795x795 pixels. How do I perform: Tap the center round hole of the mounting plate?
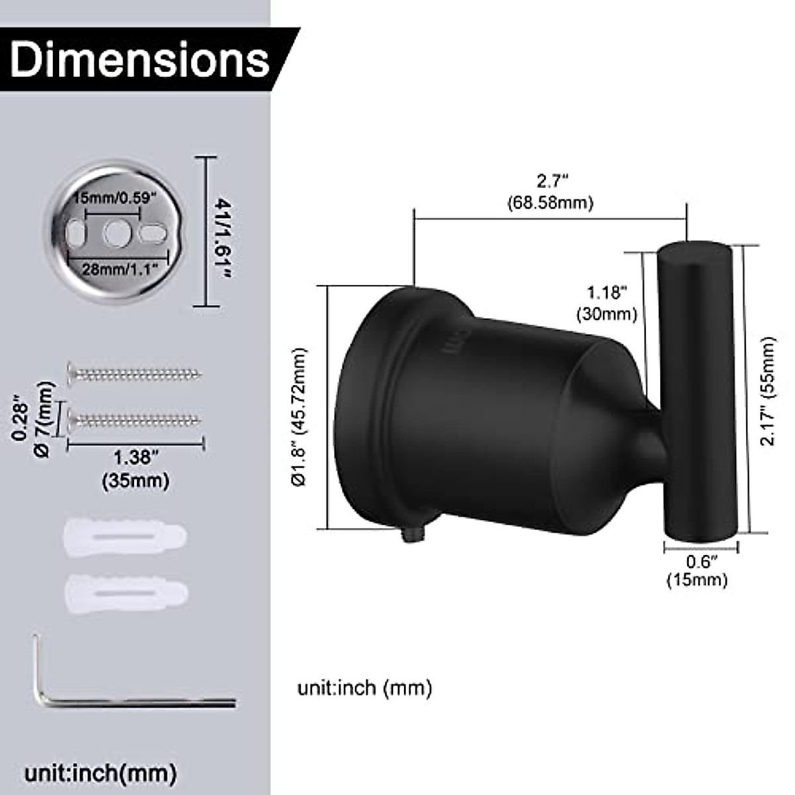click(117, 233)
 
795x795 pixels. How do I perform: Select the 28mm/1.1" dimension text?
click(121, 270)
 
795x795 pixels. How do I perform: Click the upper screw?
click(134, 374)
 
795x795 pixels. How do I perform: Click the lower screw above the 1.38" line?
click(134, 421)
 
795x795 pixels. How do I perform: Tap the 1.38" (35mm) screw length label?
click(136, 470)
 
